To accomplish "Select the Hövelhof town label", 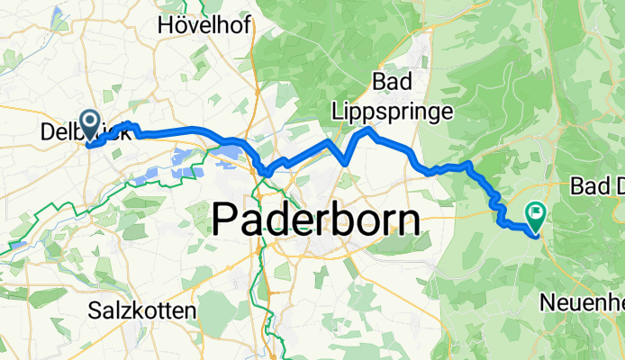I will (196, 24).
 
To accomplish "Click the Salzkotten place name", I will (143, 311).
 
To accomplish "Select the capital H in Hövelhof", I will (165, 24).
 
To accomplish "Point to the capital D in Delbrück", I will (49, 133).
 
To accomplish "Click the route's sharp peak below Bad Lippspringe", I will (368, 130).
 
